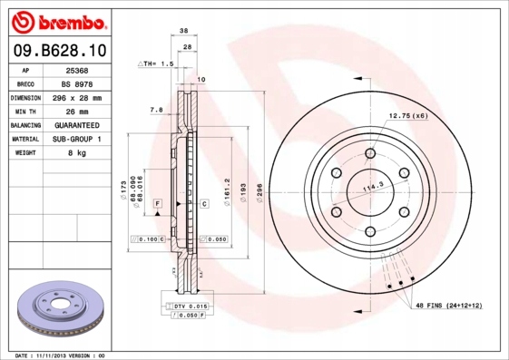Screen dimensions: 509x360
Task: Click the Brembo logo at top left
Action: pyautogui.click(x=59, y=23)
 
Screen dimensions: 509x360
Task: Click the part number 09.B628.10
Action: pyautogui.click(x=60, y=51)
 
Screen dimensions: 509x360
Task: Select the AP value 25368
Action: pyautogui.click(x=77, y=71)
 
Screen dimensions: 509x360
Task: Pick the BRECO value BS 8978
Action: pyautogui.click(x=77, y=84)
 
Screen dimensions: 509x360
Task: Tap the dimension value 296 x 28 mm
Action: pyautogui.click(x=77, y=98)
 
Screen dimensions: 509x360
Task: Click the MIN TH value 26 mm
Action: pyautogui.click(x=77, y=112)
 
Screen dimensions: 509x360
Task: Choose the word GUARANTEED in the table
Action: pyautogui.click(x=77, y=125)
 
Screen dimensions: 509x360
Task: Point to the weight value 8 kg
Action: pyautogui.click(x=77, y=152)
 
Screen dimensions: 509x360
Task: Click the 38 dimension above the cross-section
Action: pyautogui.click(x=184, y=31)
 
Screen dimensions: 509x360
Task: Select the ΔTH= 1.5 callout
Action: pyautogui.click(x=156, y=63)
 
